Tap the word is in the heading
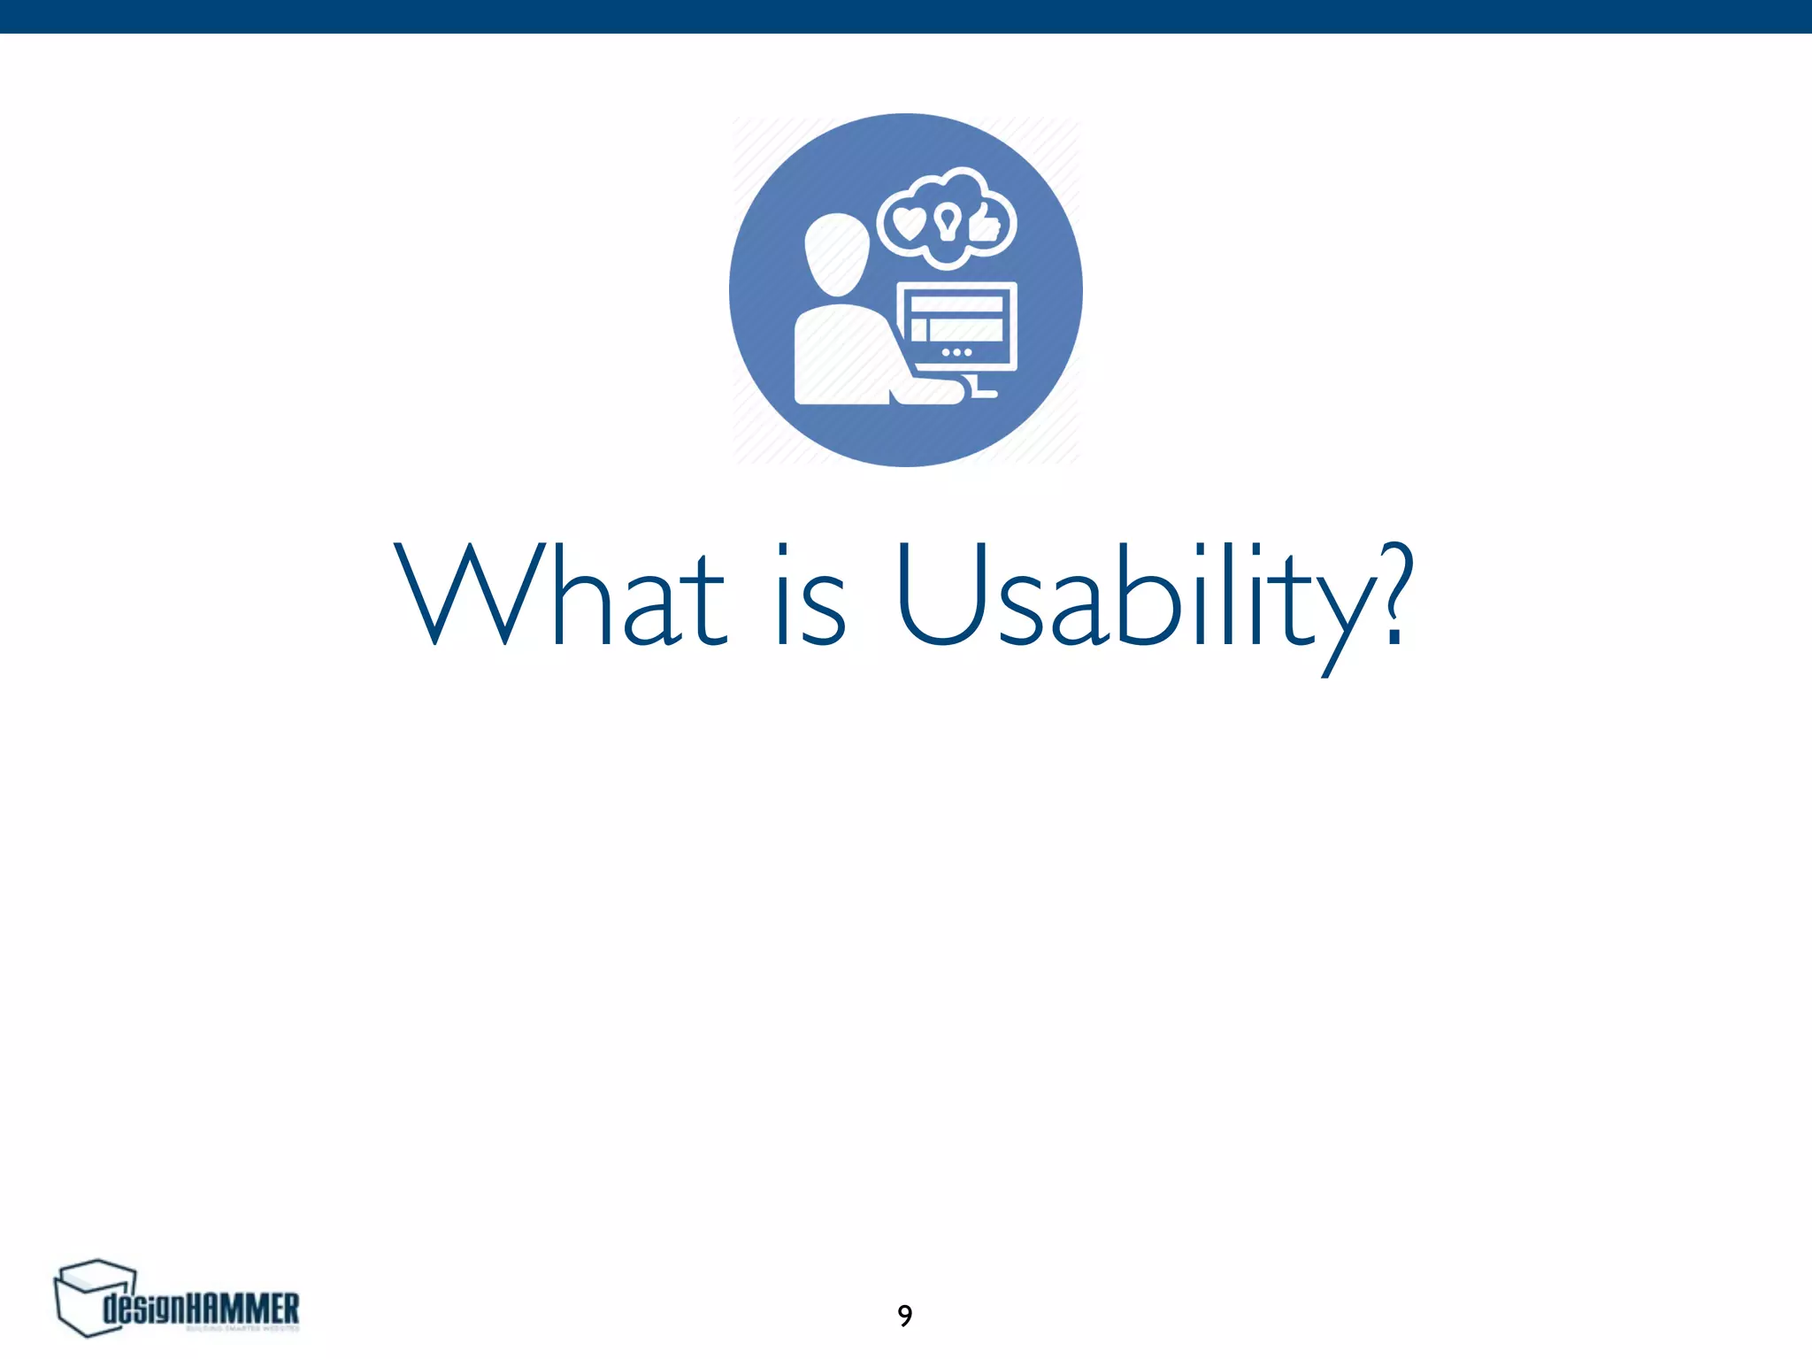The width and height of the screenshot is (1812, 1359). click(x=810, y=595)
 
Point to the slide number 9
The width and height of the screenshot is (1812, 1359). click(x=904, y=1316)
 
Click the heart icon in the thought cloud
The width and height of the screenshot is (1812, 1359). click(x=909, y=223)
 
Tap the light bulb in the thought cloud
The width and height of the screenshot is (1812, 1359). click(x=948, y=221)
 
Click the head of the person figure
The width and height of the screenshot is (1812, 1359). click(x=836, y=255)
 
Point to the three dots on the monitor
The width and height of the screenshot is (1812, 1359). click(x=956, y=352)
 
